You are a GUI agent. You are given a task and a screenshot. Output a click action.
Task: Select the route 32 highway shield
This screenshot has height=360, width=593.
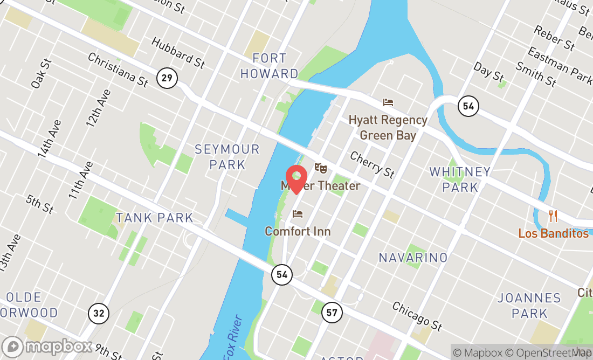tap(99, 313)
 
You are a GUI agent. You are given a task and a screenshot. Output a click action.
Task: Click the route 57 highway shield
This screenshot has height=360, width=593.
tap(332, 311)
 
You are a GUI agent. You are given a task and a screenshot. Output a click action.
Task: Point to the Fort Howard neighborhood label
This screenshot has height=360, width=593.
tap(269, 66)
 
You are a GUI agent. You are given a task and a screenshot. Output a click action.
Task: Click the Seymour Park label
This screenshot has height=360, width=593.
tap(227, 156)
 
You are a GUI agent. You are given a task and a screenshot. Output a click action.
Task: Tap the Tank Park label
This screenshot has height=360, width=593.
tap(154, 218)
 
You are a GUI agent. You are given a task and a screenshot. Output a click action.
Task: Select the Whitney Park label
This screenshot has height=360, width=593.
tap(460, 179)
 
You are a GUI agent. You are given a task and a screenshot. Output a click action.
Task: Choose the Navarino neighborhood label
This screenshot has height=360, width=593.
tap(413, 258)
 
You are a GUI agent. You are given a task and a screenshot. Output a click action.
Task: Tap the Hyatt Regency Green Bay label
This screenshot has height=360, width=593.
tap(388, 127)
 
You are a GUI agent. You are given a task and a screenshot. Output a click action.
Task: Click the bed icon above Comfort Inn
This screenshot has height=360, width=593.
tap(298, 214)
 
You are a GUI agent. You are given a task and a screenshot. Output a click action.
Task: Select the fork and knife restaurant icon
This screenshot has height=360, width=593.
tap(553, 216)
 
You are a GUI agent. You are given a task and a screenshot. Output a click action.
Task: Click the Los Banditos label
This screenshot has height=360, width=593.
tap(553, 233)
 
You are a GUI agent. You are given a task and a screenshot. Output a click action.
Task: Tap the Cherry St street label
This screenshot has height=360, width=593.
tap(372, 164)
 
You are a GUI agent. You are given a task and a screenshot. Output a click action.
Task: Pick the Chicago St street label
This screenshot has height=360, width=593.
tap(417, 316)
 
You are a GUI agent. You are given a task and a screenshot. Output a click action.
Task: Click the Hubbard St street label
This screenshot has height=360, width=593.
tap(178, 52)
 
